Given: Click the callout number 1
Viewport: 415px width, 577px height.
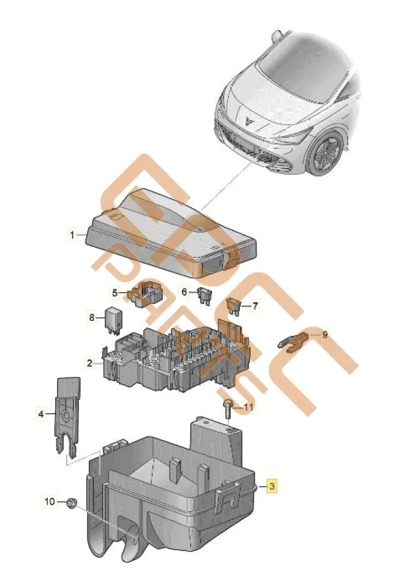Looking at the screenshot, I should [72, 235].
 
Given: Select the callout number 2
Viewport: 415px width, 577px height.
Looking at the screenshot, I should [90, 363].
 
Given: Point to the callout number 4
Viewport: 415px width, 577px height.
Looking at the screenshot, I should [41, 413].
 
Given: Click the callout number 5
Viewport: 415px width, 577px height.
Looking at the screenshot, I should [115, 293].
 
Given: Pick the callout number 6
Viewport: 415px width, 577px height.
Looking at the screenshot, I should [184, 292].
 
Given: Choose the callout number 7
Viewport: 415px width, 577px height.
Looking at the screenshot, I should [255, 305].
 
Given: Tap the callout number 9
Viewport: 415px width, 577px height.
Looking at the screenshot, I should [325, 334].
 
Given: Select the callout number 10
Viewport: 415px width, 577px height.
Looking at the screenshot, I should [50, 501].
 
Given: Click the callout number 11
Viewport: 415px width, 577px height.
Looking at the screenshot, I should [248, 407].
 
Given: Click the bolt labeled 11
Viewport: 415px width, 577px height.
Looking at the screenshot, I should [229, 408].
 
